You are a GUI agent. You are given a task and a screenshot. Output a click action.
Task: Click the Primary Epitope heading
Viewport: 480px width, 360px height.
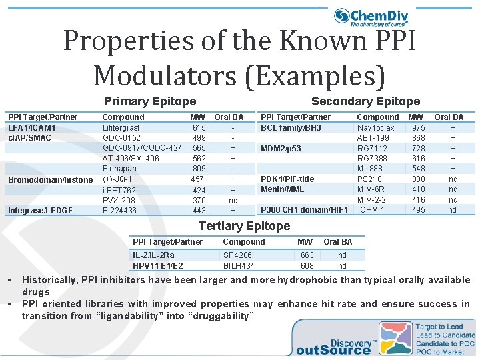150,101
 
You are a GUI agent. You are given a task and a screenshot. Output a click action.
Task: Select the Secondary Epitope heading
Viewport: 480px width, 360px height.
365,101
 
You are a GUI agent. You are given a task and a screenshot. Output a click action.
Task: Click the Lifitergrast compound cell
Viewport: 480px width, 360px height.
121,127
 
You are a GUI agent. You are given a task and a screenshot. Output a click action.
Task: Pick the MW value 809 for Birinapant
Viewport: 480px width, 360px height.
199,169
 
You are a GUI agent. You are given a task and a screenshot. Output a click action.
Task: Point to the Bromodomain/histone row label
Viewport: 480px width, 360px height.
51,180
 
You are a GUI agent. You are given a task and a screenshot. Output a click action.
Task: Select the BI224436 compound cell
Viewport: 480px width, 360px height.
119,211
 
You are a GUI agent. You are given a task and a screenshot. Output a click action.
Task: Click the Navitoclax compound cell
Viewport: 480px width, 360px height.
376,127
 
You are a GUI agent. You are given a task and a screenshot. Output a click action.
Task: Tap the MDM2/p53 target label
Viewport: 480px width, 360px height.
281,148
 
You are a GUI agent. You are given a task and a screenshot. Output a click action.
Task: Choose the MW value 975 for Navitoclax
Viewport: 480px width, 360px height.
419,127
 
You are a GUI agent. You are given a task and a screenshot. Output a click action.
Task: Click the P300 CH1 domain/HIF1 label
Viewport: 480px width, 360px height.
304,210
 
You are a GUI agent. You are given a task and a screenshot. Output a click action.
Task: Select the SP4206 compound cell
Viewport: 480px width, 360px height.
237,255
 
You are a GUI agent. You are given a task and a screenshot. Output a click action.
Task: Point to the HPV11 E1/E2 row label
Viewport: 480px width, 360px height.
158,266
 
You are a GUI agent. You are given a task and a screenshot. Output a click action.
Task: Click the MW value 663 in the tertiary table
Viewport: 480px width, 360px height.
307,255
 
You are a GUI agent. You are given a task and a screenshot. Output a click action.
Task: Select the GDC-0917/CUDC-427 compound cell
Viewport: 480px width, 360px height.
142,148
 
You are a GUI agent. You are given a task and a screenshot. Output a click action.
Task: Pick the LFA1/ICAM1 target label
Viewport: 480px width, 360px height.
32,127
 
